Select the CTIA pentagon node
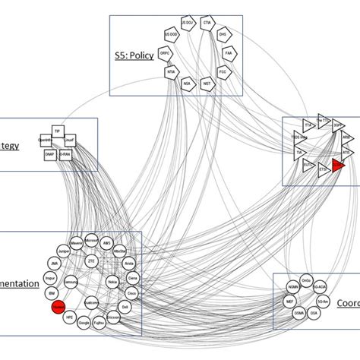207,24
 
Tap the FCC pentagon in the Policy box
223,73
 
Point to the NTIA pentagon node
172,73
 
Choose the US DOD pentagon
172,35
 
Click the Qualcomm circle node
92,302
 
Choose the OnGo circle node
305,279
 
